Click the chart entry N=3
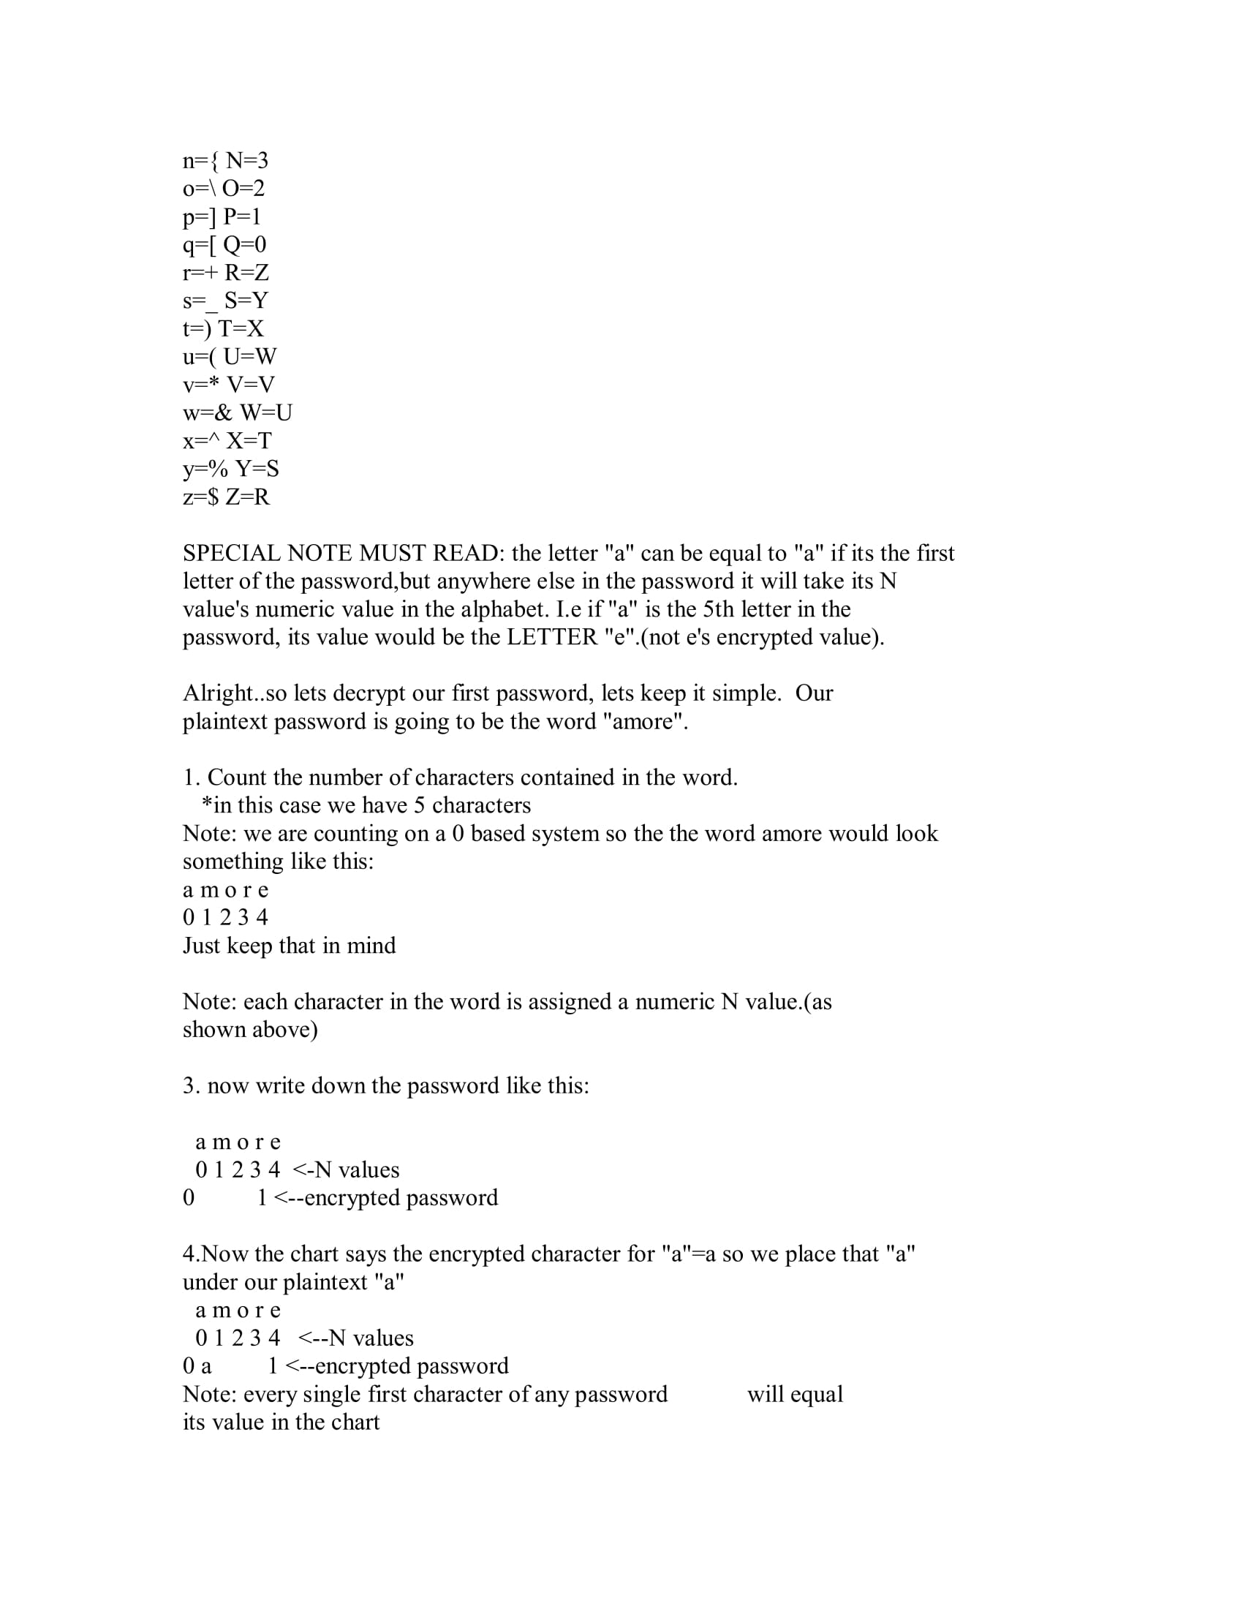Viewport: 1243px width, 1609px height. coord(246,161)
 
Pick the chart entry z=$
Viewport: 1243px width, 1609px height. coord(200,497)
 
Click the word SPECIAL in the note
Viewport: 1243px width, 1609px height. coord(230,554)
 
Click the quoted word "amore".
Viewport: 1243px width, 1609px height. coord(644,721)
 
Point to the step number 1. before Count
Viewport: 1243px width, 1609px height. coord(192,778)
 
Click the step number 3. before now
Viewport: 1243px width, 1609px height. coord(192,1086)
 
